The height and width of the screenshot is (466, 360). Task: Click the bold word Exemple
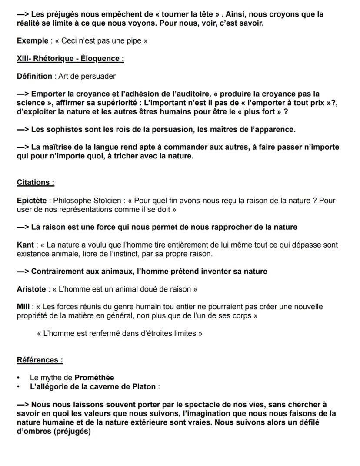tap(32, 41)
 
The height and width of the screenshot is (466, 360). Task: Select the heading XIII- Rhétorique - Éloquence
tap(70, 59)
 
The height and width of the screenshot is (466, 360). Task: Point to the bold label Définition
tap(34, 77)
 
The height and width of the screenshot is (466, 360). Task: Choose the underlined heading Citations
tap(35, 183)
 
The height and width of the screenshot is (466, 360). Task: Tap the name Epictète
tap(31, 201)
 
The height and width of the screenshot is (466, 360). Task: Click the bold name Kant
tap(25, 245)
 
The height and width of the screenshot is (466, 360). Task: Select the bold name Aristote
tap(31, 289)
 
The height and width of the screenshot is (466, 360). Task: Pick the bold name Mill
tap(23, 307)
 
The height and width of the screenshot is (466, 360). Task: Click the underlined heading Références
tap(40, 360)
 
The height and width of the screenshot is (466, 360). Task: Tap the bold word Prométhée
tap(94, 378)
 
